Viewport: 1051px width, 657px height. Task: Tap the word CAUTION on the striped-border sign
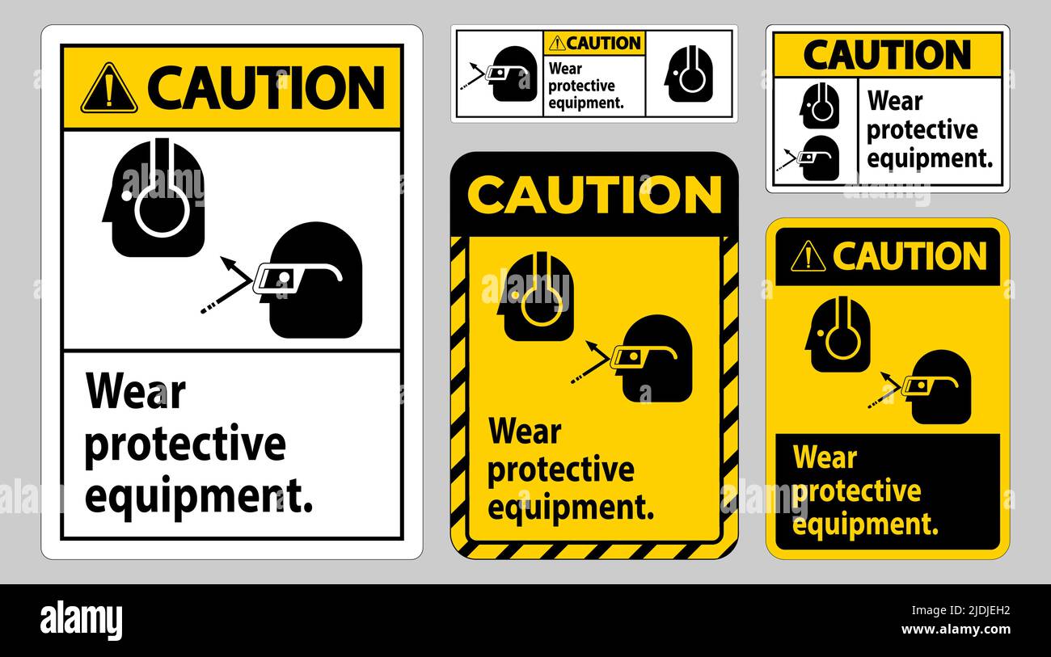pyautogui.click(x=594, y=195)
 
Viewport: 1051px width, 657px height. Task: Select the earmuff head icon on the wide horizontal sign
pyautogui.click(x=689, y=74)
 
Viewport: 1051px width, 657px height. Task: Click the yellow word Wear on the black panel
pyautogui.click(x=825, y=457)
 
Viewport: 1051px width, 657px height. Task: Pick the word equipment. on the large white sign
pyautogui.click(x=199, y=495)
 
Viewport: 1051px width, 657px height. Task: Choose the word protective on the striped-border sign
pyautogui.click(x=560, y=469)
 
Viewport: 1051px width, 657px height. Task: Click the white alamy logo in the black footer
pyautogui.click(x=81, y=621)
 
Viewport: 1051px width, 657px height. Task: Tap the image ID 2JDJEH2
pyautogui.click(x=979, y=612)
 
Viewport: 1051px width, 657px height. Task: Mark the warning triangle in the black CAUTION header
pyautogui.click(x=808, y=257)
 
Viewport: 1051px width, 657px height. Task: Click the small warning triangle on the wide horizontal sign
pyautogui.click(x=556, y=44)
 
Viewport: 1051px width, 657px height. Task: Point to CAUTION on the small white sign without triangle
pyautogui.click(x=887, y=55)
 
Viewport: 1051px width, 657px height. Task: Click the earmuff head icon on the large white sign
pyautogui.click(x=155, y=198)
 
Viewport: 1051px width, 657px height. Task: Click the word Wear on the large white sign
pyautogui.click(x=136, y=392)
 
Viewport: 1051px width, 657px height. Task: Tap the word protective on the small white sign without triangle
pyautogui.click(x=922, y=130)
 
